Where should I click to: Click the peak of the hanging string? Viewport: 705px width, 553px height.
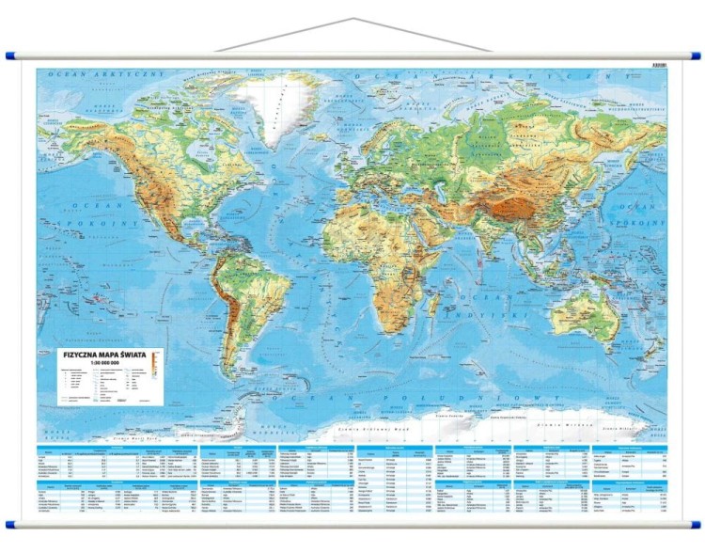352,18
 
